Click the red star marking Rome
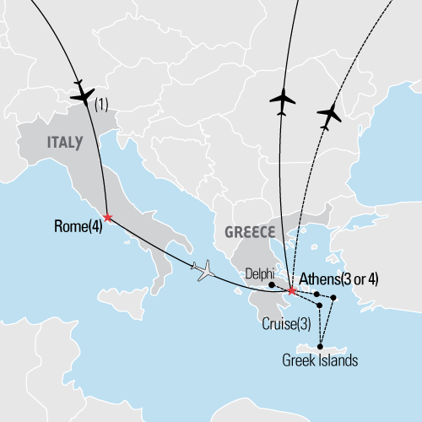107,218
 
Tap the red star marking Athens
291,291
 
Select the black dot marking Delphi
270,273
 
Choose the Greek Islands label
320,361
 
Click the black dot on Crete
321,344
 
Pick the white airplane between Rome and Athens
204,270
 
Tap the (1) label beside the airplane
101,105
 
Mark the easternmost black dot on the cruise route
333,298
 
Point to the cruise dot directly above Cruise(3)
318,305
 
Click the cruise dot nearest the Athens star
316,294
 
